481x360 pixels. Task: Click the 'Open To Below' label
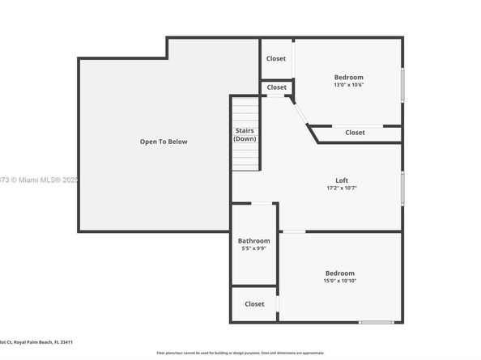click(163, 142)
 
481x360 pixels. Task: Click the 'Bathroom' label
click(253, 240)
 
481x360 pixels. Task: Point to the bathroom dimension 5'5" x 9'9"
click(253, 248)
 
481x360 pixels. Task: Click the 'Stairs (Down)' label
click(245, 134)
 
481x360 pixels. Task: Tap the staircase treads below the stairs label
click(245, 159)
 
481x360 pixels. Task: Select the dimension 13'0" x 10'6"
click(348, 85)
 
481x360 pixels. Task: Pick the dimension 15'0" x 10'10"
click(339, 282)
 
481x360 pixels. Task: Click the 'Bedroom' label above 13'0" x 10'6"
click(348, 77)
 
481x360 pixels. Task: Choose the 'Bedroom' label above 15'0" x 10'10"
click(339, 273)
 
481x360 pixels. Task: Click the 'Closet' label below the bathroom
click(254, 304)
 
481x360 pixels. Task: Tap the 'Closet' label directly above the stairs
click(276, 87)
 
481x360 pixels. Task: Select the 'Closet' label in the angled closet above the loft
click(355, 133)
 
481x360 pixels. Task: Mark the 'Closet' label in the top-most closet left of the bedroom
click(276, 58)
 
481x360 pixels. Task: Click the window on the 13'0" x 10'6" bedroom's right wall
click(402, 84)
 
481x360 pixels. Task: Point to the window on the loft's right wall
click(402, 187)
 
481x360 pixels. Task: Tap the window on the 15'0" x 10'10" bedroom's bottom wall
click(375, 323)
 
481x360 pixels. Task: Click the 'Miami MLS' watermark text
click(40, 180)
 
